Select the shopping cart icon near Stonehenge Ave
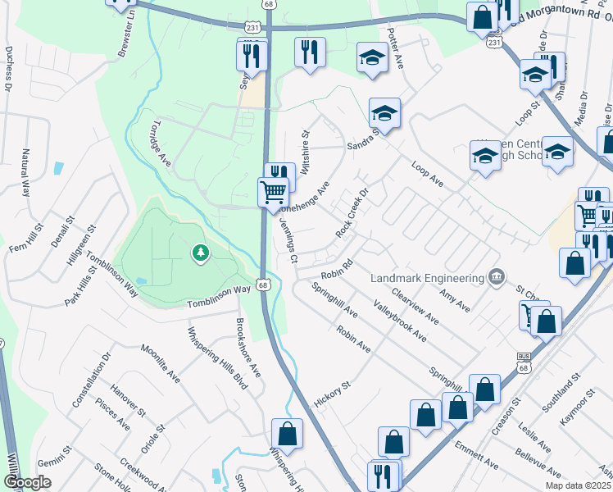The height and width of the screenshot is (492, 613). pos(274,194)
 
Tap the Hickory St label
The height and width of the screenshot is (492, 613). pos(332,395)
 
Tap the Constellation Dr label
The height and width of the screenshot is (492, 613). pos(91,381)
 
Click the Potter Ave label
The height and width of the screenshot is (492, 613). pos(396,49)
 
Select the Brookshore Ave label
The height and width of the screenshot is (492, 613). pos(248,348)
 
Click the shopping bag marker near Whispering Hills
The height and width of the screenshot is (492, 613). pos(287,433)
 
